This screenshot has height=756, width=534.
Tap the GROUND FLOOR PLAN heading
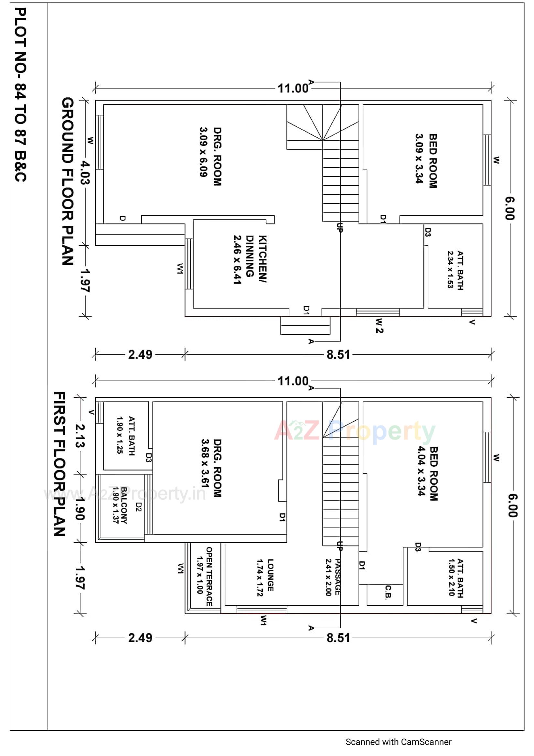[68, 181]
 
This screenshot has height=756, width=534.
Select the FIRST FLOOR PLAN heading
[60, 464]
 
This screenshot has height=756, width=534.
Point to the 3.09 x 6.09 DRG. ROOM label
[211, 157]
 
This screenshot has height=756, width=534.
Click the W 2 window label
[379, 326]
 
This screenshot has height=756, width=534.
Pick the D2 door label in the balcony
[139, 507]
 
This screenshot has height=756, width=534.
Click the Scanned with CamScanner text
[398, 742]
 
